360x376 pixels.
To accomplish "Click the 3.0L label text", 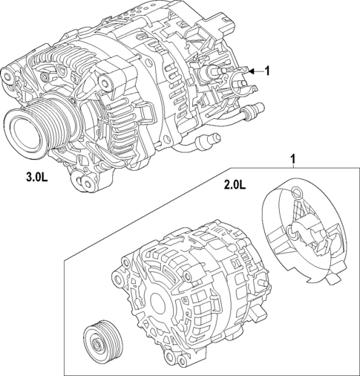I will coord(36,178).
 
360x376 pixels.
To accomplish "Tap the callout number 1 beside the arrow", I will coord(267,71).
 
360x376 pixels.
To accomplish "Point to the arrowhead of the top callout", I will coord(251,71).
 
